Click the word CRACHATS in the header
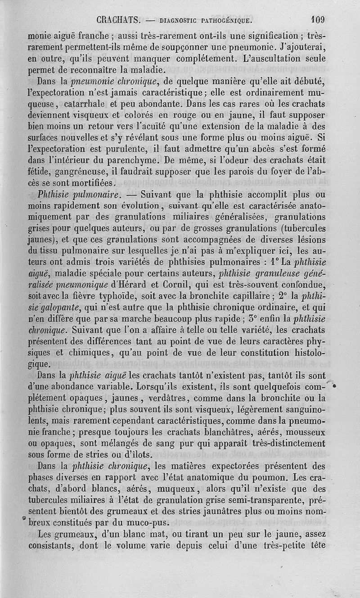[120, 20]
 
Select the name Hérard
[129, 284]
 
